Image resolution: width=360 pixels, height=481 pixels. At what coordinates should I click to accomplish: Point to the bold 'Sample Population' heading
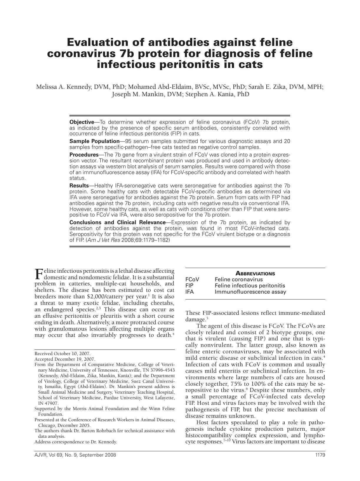click(94, 141)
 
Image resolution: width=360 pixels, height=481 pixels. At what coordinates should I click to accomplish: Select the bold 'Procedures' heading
click(84, 155)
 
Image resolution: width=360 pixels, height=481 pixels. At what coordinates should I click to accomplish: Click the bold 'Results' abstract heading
click(79, 186)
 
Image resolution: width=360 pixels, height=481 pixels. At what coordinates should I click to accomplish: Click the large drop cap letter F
click(39, 274)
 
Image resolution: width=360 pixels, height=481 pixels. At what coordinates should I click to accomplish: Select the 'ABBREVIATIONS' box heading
click(255, 274)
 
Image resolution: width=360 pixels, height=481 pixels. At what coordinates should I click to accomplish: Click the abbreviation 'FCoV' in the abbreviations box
click(192, 279)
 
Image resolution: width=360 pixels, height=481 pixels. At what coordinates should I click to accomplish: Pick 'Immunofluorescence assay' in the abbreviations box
click(250, 292)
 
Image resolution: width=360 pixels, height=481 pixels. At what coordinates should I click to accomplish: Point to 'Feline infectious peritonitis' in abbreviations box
click(250, 286)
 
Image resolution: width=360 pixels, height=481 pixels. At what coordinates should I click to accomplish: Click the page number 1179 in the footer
click(320, 455)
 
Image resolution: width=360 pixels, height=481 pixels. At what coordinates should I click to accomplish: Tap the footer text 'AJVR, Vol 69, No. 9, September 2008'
click(75, 455)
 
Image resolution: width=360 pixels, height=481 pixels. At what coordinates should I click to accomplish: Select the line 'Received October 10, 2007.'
click(63, 354)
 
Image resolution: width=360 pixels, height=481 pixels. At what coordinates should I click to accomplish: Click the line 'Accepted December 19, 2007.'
click(65, 359)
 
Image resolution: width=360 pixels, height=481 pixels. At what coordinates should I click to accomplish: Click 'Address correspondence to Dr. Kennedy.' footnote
click(76, 442)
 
